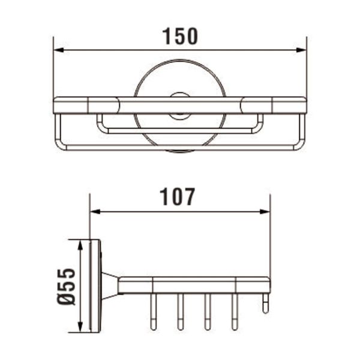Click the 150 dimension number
[180, 36]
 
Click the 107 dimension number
[178, 197]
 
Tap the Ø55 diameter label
[68, 286]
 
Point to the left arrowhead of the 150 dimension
[58, 50]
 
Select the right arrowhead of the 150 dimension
[303, 50]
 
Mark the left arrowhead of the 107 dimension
[94, 211]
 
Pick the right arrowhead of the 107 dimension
[266, 211]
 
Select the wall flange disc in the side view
[95, 286]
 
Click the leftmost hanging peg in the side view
[152, 312]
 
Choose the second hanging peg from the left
[179, 312]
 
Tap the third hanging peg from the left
[207, 312]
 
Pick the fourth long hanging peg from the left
[234, 312]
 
